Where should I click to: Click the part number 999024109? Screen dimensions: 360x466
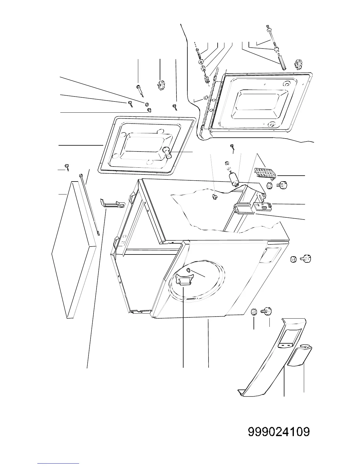click(x=279, y=432)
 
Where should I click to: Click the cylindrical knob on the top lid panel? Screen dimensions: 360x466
click(x=168, y=153)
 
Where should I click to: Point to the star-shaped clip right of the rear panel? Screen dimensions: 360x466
click(x=298, y=65)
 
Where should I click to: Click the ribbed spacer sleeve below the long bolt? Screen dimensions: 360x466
click(x=282, y=63)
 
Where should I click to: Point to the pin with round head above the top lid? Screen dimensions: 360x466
click(x=139, y=89)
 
